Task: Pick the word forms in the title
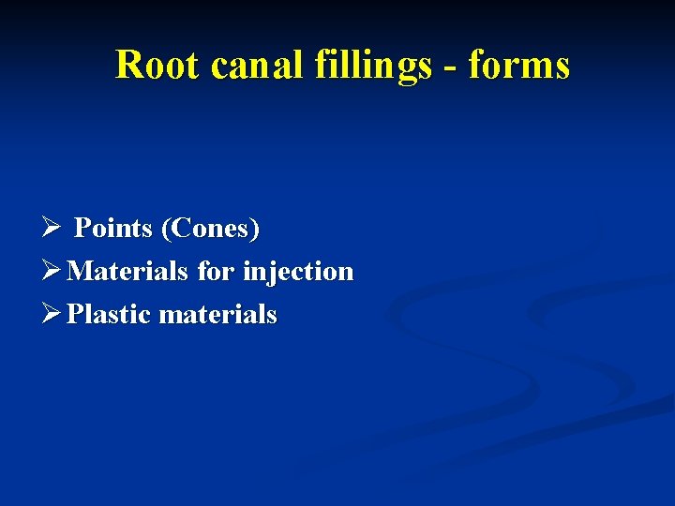click(x=518, y=66)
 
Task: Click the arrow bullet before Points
click(x=52, y=228)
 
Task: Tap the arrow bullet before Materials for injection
click(x=52, y=271)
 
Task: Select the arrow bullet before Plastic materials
click(x=52, y=314)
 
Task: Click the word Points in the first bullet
click(x=113, y=228)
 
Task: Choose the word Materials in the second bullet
click(x=130, y=271)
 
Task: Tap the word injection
click(x=298, y=272)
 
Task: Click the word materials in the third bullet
click(x=218, y=314)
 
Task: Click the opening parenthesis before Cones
click(x=166, y=229)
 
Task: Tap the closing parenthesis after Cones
click(x=256, y=229)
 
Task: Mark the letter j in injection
click(x=268, y=273)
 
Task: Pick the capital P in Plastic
click(x=75, y=314)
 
